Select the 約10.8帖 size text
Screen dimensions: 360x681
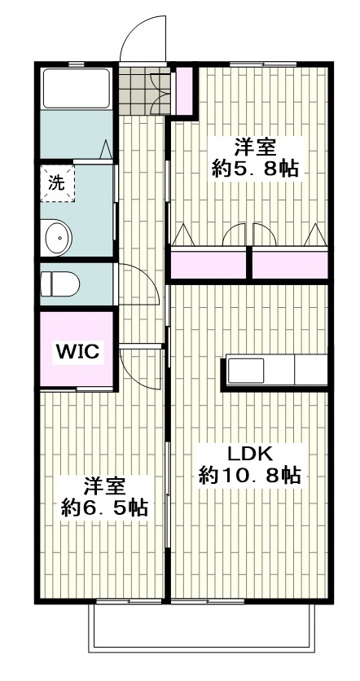(x=250, y=475)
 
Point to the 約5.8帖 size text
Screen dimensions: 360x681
(x=256, y=168)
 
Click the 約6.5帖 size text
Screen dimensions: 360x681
(x=104, y=507)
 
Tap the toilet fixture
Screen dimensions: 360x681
(x=60, y=284)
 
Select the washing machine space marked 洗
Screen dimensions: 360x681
(x=58, y=183)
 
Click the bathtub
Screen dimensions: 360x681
(x=77, y=88)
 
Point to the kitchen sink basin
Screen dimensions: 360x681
(x=246, y=371)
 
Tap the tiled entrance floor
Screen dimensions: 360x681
(x=144, y=90)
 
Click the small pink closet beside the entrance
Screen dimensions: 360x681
(x=185, y=90)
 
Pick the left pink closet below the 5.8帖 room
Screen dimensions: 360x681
(x=209, y=265)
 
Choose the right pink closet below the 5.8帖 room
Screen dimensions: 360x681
(x=290, y=265)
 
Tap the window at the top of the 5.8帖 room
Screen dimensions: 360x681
(x=263, y=64)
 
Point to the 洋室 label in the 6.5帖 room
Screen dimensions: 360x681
(x=104, y=486)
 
